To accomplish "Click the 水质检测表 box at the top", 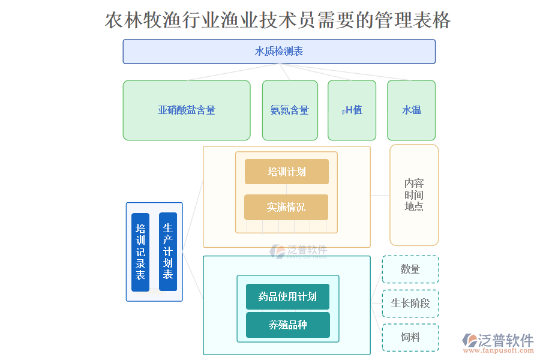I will [x=279, y=52].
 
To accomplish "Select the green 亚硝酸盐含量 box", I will [x=187, y=110].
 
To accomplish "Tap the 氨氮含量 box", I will [x=290, y=110].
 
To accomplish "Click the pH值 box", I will [x=352, y=110].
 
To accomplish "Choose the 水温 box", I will [x=412, y=110].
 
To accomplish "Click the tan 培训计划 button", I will [x=286, y=172].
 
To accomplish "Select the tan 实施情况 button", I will [x=286, y=207].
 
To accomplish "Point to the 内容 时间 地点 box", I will [x=414, y=195].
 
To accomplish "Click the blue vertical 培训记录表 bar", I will [x=140, y=252].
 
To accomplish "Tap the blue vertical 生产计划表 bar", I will [x=168, y=251].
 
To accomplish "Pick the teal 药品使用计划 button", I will [x=287, y=296].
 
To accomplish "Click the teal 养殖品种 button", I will [x=287, y=325].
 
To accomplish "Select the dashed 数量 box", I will [x=410, y=269].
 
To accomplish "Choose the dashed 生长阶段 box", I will [x=410, y=304].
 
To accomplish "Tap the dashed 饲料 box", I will [x=410, y=338].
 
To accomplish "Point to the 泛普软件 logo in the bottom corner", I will [x=499, y=340].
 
